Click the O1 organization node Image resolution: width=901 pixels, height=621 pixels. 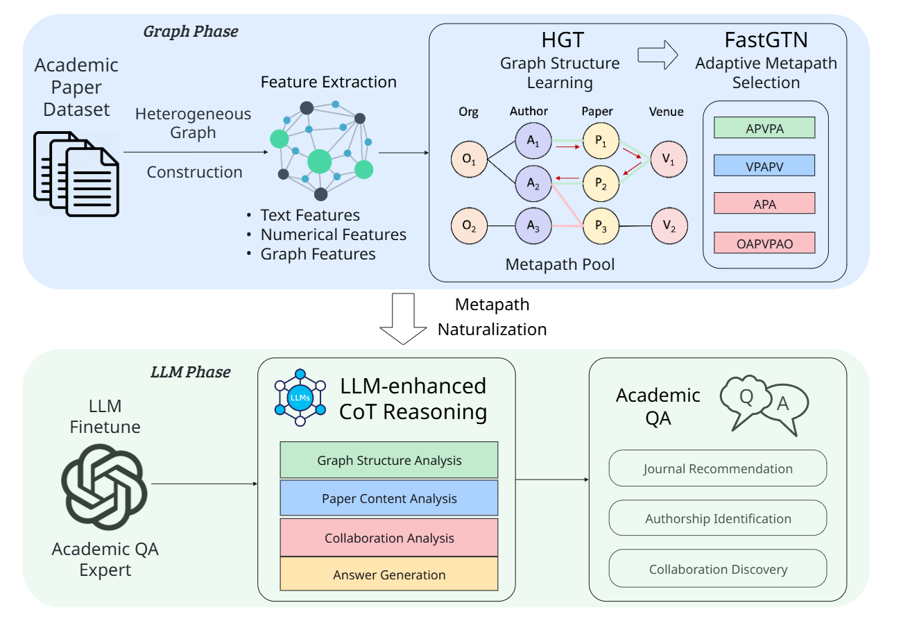click(468, 159)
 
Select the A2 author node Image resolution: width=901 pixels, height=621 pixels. click(532, 182)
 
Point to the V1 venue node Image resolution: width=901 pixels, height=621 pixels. click(667, 159)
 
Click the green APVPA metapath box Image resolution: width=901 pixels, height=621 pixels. click(764, 128)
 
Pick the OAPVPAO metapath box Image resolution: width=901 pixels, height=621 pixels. click(764, 243)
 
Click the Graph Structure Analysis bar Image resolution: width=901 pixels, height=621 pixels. click(389, 460)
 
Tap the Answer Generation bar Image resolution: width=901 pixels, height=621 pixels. click(389, 575)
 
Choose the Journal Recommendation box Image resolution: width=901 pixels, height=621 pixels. click(718, 468)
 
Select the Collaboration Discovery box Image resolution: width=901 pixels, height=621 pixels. click(718, 569)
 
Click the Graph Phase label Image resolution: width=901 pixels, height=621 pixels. click(190, 31)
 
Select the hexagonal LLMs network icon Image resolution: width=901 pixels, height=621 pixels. click(300, 397)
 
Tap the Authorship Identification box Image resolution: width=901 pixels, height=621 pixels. click(718, 518)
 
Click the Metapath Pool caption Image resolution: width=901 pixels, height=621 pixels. click(560, 264)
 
